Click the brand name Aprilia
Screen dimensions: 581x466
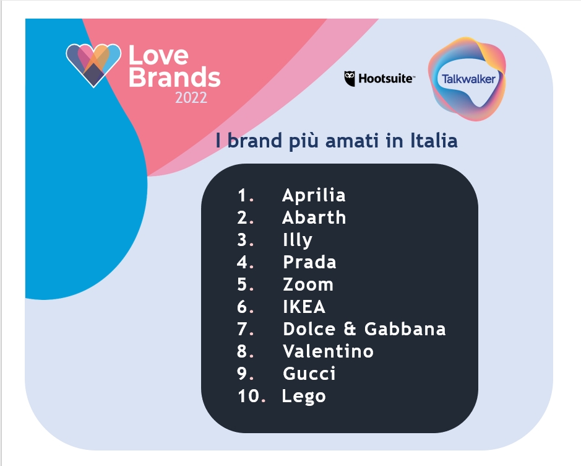point(314,195)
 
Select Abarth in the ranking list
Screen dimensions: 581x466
point(314,218)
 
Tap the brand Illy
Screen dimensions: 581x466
point(298,240)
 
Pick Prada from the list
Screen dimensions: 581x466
point(309,262)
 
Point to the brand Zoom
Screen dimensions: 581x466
point(308,284)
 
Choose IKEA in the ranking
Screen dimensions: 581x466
point(304,307)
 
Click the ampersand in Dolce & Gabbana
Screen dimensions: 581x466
point(350,329)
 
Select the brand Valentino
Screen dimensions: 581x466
point(328,351)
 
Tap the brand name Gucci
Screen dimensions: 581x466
point(309,374)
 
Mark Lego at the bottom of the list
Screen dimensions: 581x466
point(304,397)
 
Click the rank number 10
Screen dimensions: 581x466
point(249,396)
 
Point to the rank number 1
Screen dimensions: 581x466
point(242,195)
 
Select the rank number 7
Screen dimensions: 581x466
point(243,329)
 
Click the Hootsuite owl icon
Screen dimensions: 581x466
point(350,79)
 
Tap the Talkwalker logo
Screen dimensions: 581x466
point(467,79)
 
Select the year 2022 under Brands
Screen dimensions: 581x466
point(191,98)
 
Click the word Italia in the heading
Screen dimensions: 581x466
point(434,141)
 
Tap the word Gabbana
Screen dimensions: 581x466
point(405,329)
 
